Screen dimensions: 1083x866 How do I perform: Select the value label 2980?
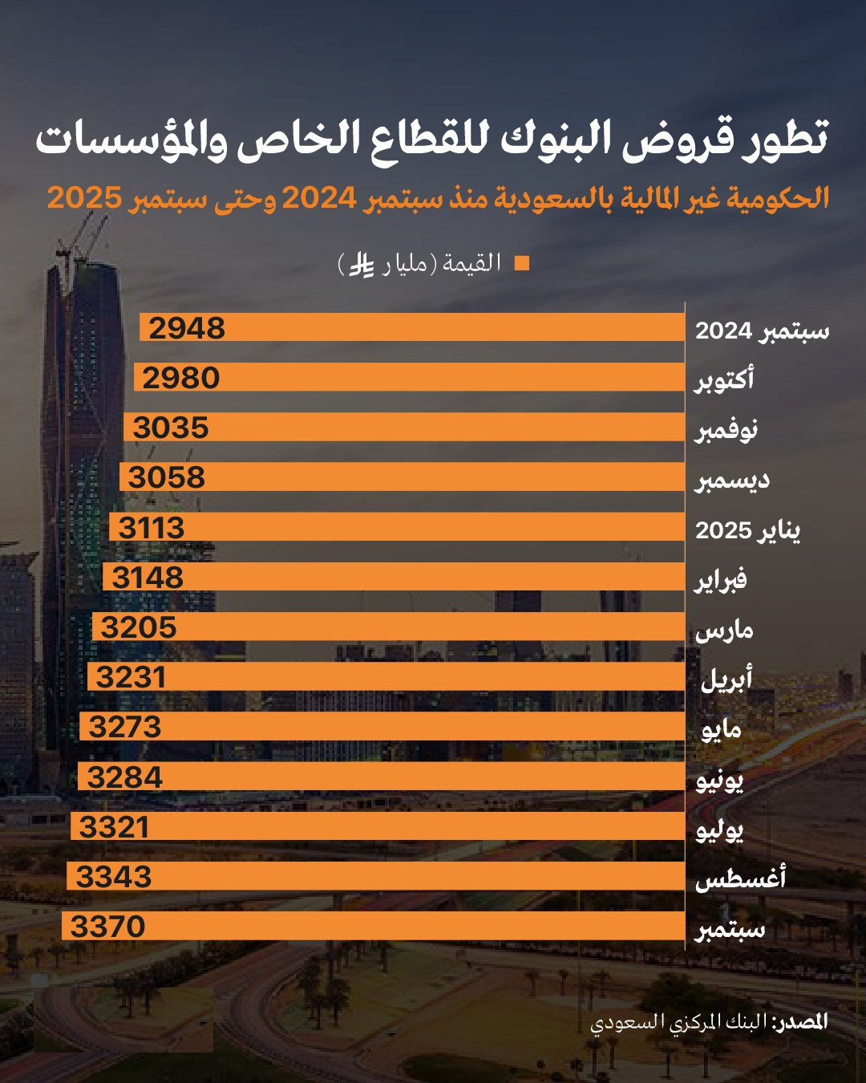tap(181, 378)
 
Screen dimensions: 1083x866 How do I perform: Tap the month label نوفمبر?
tap(726, 430)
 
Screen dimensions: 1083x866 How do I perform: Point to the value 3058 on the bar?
tap(167, 477)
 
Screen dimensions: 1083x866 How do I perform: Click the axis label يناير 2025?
tap(747, 529)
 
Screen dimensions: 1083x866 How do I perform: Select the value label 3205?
tap(139, 627)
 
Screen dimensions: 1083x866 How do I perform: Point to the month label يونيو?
tap(720, 780)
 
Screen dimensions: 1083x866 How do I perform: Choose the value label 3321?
tap(115, 827)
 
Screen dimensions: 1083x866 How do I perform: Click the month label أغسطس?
tap(740, 879)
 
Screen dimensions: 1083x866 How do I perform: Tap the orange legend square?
tap(522, 263)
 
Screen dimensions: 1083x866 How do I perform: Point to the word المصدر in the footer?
tap(800, 1021)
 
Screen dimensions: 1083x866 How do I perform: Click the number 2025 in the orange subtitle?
tap(84, 197)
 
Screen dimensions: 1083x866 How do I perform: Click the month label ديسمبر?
tap(732, 480)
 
